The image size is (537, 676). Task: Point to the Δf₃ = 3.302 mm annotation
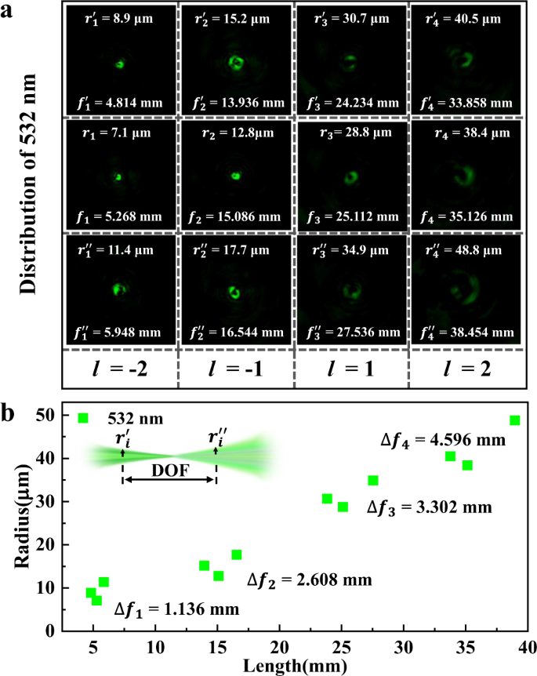429,507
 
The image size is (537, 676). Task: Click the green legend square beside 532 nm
83,418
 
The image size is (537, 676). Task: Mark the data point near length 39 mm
515,420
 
